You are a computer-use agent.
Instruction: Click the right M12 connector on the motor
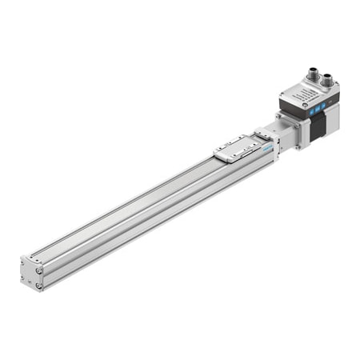point(328,80)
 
